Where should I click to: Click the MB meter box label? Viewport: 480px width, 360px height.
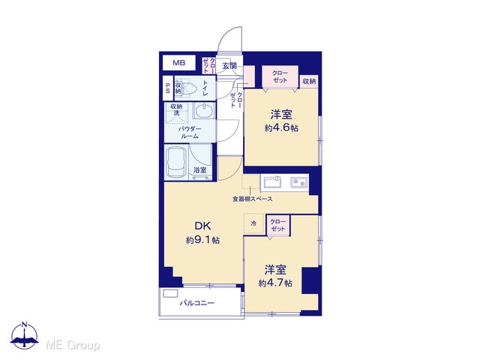(179, 63)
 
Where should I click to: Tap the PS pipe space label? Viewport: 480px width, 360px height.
(168, 88)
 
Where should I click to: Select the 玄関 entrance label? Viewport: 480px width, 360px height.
(229, 65)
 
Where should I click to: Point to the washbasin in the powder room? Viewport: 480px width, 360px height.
(204, 110)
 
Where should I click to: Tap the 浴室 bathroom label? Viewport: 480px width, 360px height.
(199, 170)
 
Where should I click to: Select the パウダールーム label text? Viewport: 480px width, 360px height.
(190, 133)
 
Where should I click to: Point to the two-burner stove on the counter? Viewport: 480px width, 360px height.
(298, 183)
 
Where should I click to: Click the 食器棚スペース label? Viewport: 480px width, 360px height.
(252, 199)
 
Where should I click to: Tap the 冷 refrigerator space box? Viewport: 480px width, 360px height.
(253, 223)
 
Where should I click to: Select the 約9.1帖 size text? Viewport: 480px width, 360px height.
(202, 240)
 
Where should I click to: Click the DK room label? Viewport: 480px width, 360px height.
(203, 226)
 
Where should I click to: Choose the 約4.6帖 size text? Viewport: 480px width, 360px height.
(281, 127)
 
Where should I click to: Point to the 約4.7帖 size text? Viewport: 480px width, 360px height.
(275, 283)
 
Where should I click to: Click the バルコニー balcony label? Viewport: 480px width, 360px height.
(196, 303)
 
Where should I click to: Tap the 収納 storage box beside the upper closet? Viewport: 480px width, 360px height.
(309, 82)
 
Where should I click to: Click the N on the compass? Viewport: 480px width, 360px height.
(25, 325)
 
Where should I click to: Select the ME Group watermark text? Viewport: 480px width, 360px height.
(73, 345)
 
